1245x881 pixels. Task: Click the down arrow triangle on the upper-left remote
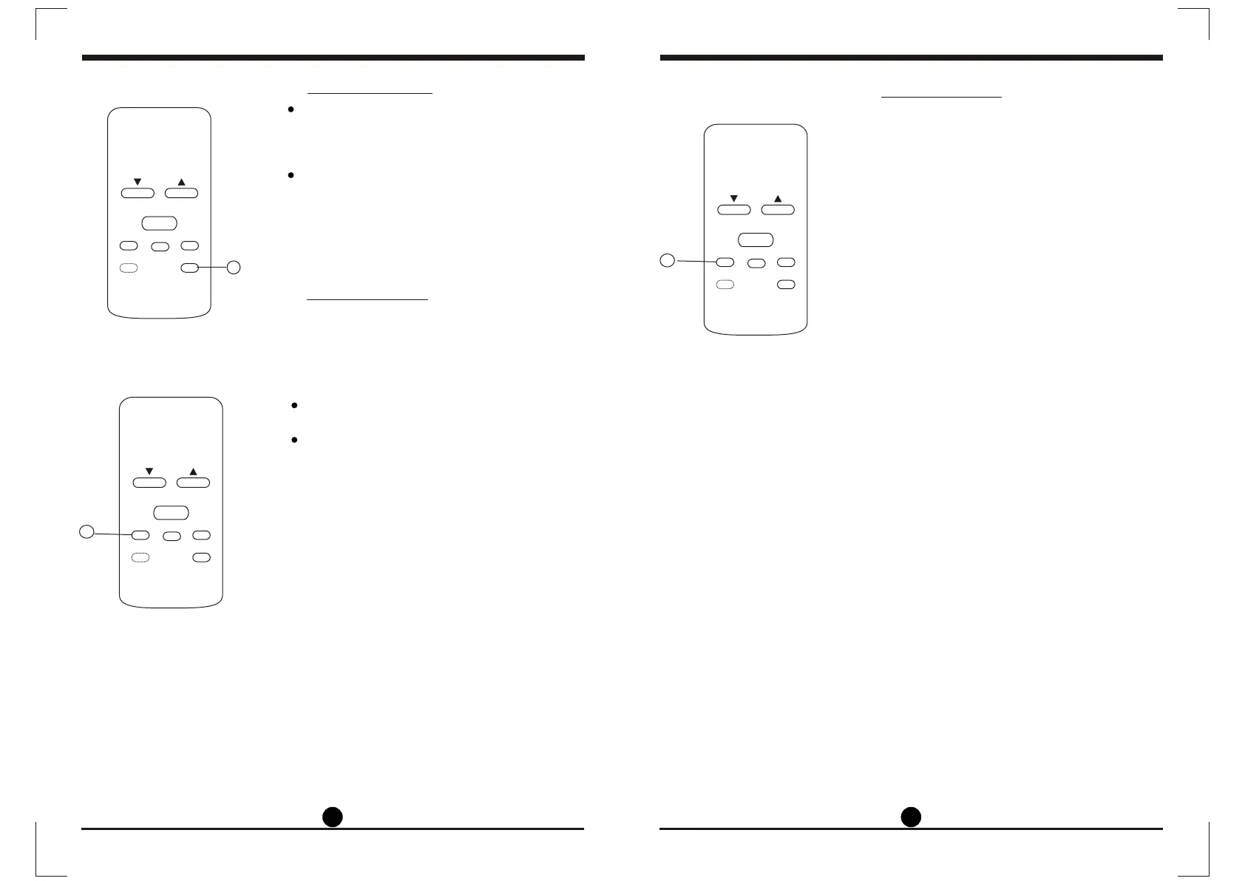coord(138,182)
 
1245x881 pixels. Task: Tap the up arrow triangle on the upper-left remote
coord(181,182)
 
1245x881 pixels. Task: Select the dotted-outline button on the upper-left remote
coord(129,268)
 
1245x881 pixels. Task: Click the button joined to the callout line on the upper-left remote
coord(190,268)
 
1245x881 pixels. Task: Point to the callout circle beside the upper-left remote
coord(234,268)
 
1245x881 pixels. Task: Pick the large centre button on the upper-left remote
coord(159,223)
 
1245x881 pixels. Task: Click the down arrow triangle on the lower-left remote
coord(149,472)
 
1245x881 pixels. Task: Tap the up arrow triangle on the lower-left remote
coord(193,472)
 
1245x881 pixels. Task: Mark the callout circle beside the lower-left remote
coord(87,531)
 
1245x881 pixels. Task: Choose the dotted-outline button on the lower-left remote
coord(140,557)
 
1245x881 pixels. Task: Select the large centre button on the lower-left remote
coord(171,513)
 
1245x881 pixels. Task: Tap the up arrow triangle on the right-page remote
coord(778,199)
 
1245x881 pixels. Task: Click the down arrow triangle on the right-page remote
coord(734,199)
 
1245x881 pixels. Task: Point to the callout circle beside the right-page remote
coord(667,259)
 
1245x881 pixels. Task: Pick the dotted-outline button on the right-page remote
coord(725,285)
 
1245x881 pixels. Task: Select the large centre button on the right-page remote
coord(756,239)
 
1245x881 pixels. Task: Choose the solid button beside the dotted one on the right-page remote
coord(787,285)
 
